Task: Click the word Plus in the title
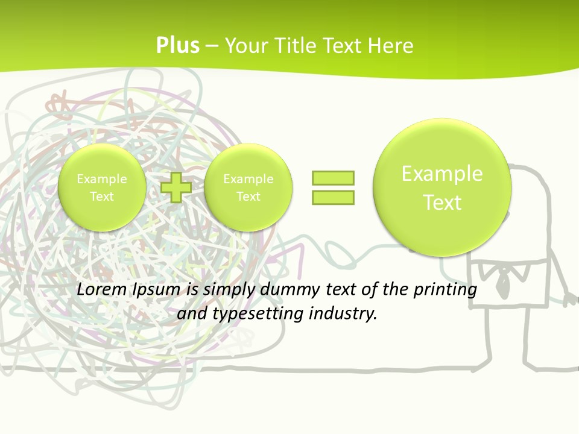click(177, 45)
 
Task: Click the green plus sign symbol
click(176, 187)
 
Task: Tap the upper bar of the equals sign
click(333, 178)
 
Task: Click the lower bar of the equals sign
click(333, 197)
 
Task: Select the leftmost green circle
click(101, 187)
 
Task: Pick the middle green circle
click(248, 187)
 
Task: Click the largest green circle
click(442, 187)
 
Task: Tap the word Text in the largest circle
click(442, 203)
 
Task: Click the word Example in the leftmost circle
click(101, 179)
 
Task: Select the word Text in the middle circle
click(248, 197)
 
